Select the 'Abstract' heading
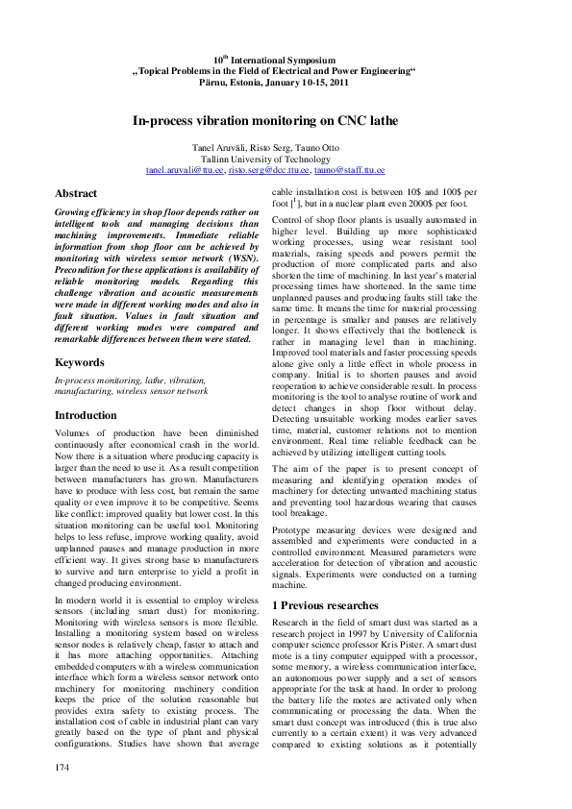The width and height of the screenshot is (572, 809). [x=76, y=193]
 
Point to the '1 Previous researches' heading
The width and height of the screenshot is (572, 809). [x=325, y=605]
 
